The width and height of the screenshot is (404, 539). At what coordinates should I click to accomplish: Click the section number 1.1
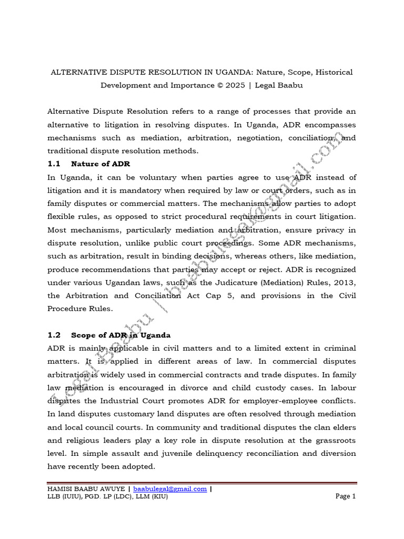(55, 164)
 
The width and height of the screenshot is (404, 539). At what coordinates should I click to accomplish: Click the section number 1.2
(55, 335)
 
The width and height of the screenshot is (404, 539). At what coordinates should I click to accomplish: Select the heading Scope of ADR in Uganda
(120, 335)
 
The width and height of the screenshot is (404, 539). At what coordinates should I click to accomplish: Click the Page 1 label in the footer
(346, 496)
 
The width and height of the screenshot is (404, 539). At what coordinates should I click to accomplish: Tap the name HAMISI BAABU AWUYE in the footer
(86, 488)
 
